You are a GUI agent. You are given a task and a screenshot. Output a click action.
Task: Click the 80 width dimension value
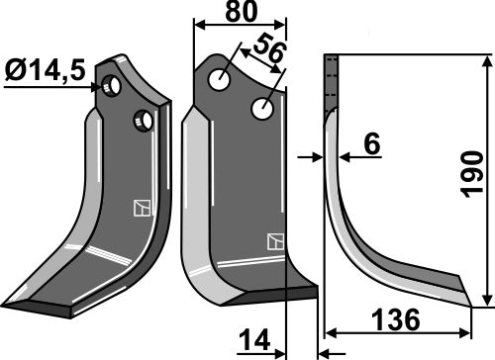coord(240,14)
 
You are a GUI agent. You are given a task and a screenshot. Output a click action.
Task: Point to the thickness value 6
coord(371,145)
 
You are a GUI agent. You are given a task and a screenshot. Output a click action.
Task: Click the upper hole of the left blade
coord(114,88)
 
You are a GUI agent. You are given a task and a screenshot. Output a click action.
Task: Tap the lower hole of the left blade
coord(145,121)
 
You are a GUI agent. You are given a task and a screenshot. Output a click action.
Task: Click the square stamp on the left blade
coord(140,208)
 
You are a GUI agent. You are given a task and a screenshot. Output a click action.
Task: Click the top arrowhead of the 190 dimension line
coord(486,62)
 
